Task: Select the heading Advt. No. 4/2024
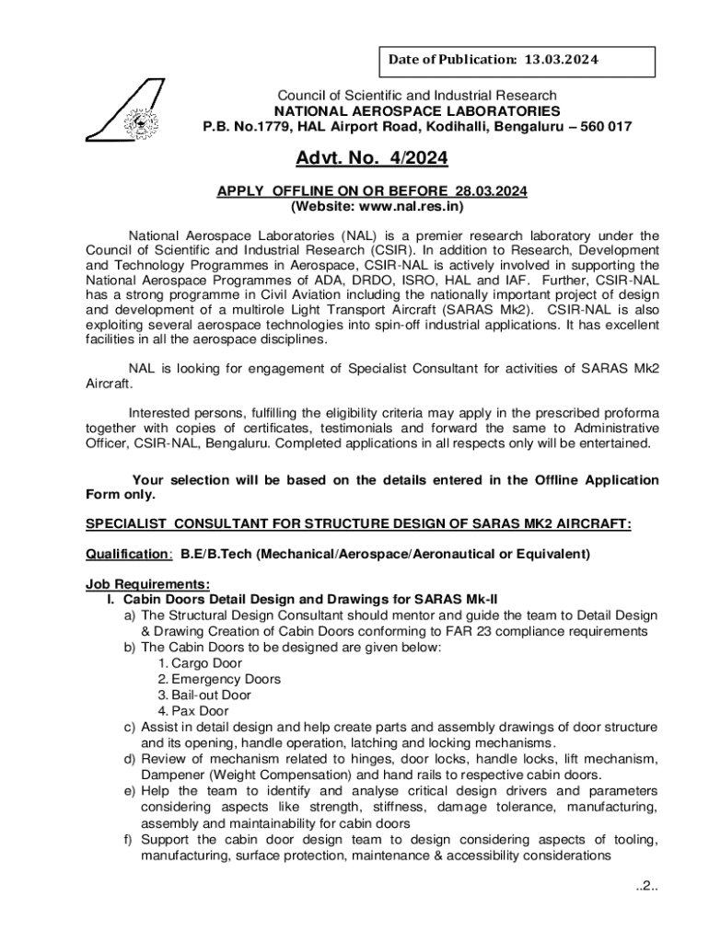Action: pyautogui.click(x=372, y=160)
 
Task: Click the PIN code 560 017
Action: pyautogui.click(x=599, y=127)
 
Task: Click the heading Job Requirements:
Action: pyautogui.click(x=147, y=584)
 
